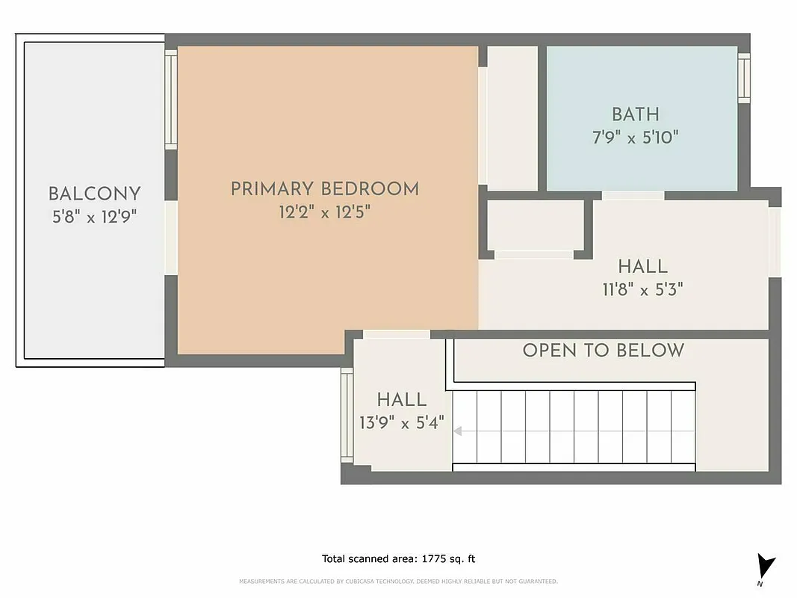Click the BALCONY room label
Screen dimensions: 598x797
94,194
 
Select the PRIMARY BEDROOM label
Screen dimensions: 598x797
324,189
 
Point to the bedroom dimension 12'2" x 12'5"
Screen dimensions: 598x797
324,212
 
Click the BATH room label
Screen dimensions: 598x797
635,114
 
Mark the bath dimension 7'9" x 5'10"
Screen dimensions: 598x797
635,138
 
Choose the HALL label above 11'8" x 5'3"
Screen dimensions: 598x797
642,266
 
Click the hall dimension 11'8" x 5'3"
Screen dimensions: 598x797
642,289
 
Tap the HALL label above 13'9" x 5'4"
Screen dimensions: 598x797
402,400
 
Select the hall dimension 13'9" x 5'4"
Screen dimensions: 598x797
402,423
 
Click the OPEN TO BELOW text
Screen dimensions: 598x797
603,351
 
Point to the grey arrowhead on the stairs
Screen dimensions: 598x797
458,431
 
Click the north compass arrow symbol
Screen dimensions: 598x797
766,565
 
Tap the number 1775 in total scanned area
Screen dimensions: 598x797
436,558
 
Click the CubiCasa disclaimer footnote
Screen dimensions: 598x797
398,581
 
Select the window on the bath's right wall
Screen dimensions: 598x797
744,77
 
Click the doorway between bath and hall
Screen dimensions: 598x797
633,196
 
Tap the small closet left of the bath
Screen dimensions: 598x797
512,118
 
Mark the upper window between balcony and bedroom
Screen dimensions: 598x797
171,99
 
